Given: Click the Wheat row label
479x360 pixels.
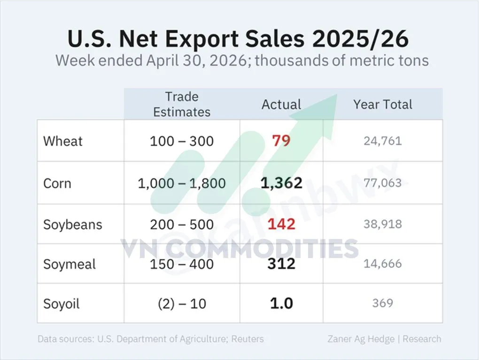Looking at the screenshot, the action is pyautogui.click(x=63, y=141).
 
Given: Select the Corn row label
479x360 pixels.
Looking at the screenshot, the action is pyautogui.click(x=57, y=183).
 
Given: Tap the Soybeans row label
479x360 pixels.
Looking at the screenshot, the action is pyautogui.click(x=73, y=225).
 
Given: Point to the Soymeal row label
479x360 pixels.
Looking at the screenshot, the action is pyautogui.click(x=70, y=264).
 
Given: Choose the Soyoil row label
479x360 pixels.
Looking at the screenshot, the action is pyautogui.click(x=62, y=304).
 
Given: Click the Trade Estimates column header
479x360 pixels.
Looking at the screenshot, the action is pyautogui.click(x=182, y=104).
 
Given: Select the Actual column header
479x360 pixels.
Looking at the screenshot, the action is pyautogui.click(x=281, y=104).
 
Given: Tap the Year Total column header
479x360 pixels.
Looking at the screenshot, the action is pyautogui.click(x=383, y=104).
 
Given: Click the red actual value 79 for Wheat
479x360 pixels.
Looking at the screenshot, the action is pyautogui.click(x=281, y=141).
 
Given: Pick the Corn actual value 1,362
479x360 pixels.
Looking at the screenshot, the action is pyautogui.click(x=281, y=183).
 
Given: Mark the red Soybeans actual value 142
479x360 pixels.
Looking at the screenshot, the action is pyautogui.click(x=281, y=224).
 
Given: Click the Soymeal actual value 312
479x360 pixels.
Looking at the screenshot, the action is pyautogui.click(x=281, y=264).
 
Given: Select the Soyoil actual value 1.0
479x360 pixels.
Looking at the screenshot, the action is pyautogui.click(x=281, y=303).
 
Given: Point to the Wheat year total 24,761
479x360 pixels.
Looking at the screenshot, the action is pyautogui.click(x=383, y=141).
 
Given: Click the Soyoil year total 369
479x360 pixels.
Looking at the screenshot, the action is pyautogui.click(x=383, y=303).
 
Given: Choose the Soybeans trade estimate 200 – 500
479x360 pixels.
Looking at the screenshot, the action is pyautogui.click(x=182, y=225).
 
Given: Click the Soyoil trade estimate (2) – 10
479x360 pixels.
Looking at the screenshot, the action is pyautogui.click(x=182, y=304).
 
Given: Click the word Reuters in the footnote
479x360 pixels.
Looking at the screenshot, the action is pyautogui.click(x=247, y=339).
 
